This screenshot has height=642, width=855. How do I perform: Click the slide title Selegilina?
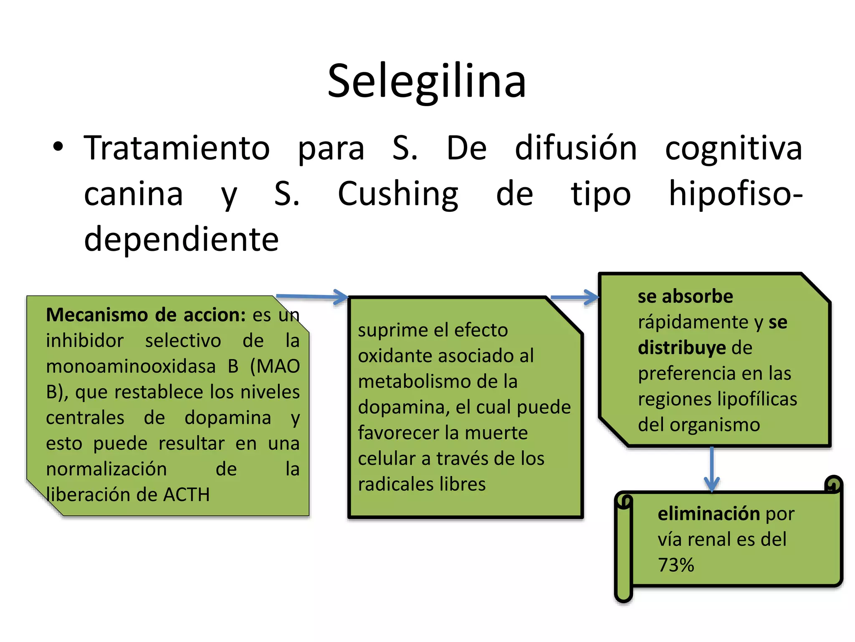click(426, 81)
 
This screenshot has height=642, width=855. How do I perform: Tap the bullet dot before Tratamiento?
click(58, 147)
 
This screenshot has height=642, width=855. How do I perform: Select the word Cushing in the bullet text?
click(397, 194)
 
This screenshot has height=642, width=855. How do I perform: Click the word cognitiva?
click(733, 148)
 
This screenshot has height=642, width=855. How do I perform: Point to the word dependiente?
click(181, 239)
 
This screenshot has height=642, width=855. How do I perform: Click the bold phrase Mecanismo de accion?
click(146, 315)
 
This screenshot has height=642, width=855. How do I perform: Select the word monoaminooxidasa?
click(131, 366)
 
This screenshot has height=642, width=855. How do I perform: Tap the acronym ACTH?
click(186, 495)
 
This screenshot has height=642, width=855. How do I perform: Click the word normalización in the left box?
click(106, 469)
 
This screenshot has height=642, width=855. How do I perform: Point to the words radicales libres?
click(422, 484)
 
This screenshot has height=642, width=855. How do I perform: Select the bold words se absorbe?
click(685, 296)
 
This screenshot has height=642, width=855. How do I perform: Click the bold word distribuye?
click(682, 348)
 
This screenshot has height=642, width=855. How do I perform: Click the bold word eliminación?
click(708, 514)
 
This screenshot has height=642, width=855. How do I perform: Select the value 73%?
click(676, 565)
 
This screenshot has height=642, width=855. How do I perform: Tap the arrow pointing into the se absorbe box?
click(575, 297)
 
